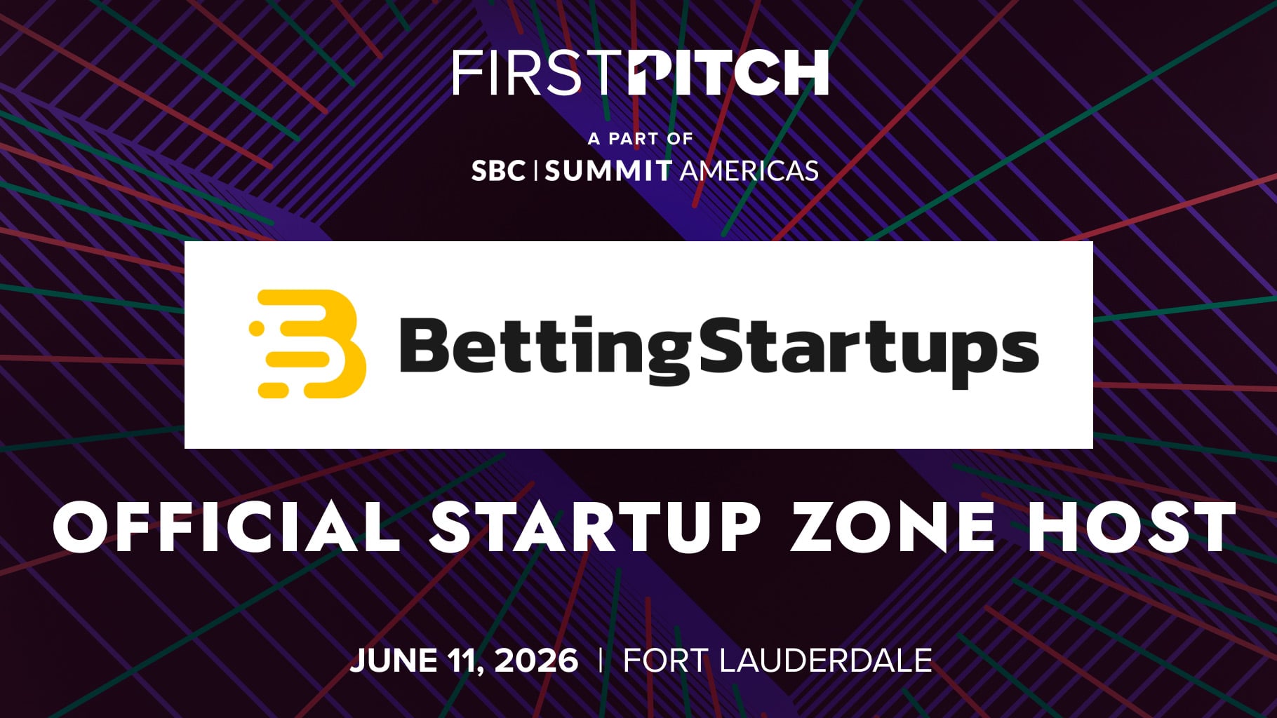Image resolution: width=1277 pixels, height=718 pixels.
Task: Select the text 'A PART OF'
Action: (x=640, y=139)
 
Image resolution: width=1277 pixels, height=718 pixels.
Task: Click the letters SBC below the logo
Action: (x=497, y=171)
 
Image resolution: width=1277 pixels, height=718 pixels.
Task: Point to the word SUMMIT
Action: (x=608, y=171)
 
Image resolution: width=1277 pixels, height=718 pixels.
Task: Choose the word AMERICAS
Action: (x=749, y=171)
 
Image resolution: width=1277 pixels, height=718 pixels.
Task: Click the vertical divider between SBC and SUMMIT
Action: (x=535, y=170)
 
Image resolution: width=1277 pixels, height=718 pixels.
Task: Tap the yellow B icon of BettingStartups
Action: (x=307, y=344)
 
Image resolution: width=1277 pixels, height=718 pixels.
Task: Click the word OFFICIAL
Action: (x=226, y=527)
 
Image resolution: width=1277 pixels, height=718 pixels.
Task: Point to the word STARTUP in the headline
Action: (x=596, y=527)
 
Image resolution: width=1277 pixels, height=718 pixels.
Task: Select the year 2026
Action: (x=536, y=661)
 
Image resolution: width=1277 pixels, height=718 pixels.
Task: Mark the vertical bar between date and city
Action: (x=601, y=661)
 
